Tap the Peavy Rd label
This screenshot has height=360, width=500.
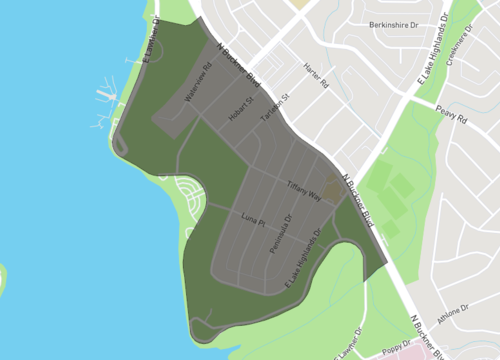[453, 116]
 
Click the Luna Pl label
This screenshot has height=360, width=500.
[252, 218]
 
